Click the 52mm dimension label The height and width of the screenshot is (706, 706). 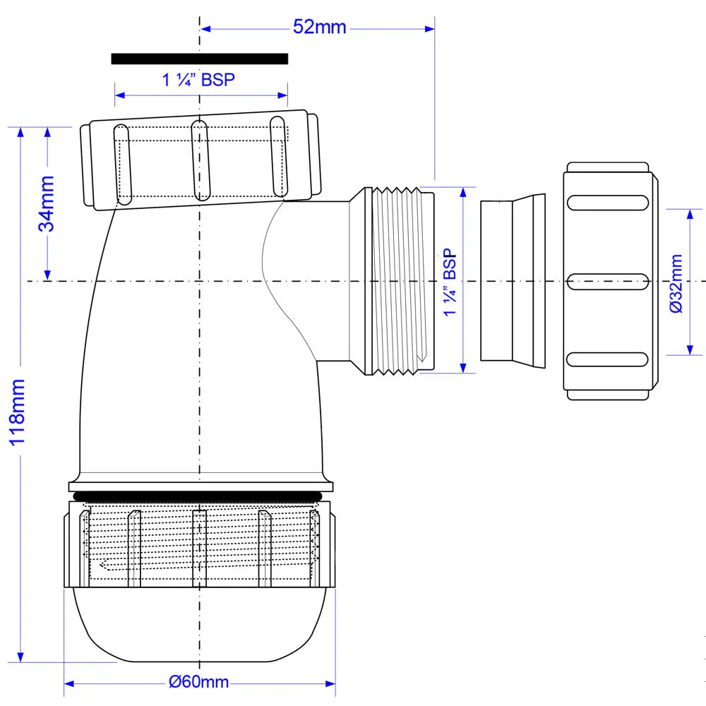(319, 28)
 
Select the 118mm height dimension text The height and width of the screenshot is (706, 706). (17, 412)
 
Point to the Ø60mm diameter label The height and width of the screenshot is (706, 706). (199, 682)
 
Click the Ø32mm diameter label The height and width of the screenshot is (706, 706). (676, 283)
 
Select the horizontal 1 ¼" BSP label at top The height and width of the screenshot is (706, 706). (198, 80)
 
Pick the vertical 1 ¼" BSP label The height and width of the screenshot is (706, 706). (450, 283)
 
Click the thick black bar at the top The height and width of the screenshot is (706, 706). (199, 59)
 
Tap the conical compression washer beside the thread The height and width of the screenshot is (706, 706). (513, 281)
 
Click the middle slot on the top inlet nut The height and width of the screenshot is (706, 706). (201, 161)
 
